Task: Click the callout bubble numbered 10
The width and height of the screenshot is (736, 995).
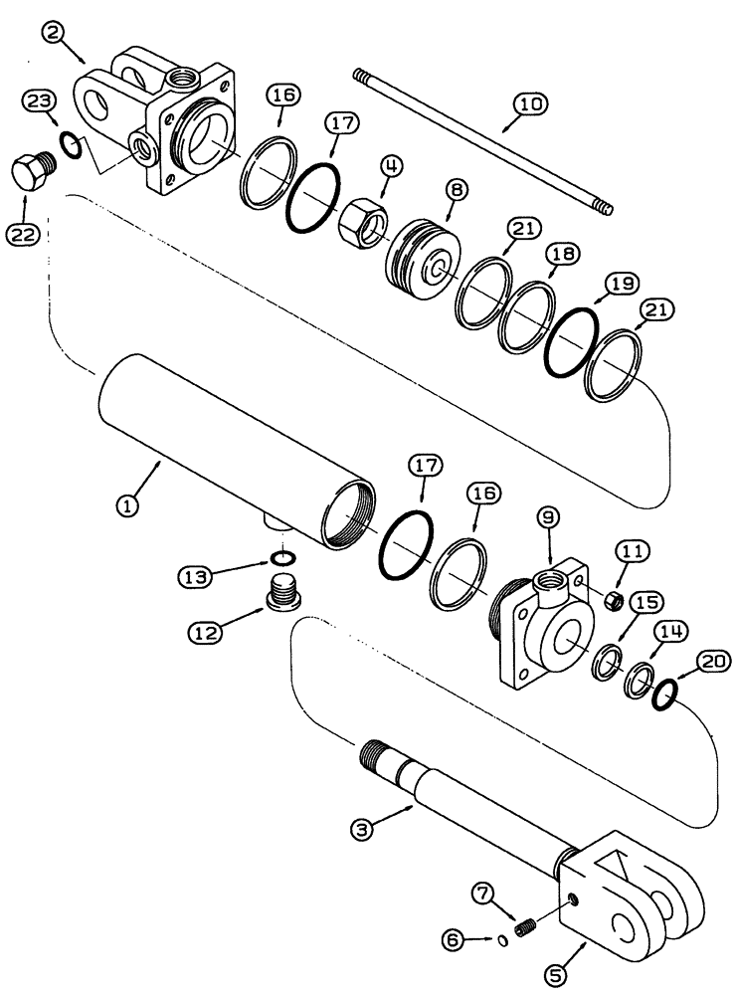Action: (529, 103)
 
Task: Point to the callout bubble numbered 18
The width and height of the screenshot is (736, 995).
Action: (560, 255)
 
